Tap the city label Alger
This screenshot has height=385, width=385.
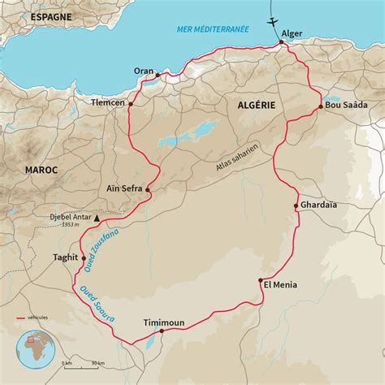coord(292,33)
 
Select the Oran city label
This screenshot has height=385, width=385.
coord(144,70)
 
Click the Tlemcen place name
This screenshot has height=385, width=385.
coord(108,103)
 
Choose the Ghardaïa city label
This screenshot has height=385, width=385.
coord(319,205)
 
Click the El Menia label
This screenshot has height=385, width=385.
coord(280,285)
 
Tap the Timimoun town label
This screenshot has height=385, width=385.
coord(163,322)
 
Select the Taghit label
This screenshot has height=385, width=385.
coord(65,257)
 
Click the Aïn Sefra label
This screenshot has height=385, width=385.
coord(124,188)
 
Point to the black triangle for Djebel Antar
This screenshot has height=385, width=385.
coord(97,218)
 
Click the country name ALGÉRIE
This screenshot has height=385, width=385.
coord(257,105)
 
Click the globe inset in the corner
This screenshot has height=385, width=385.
coord(35,349)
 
